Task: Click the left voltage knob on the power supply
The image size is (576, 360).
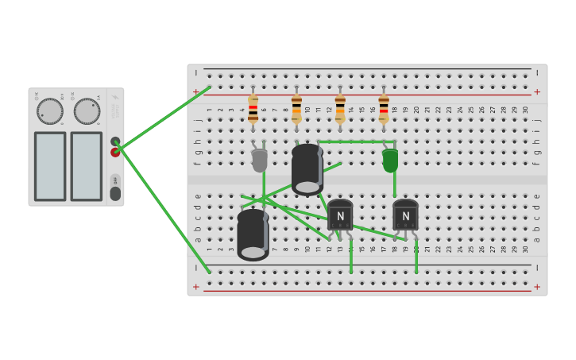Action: pos(49,111)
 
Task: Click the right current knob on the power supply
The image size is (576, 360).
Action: pos(87,111)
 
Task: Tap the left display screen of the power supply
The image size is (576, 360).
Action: pos(50,166)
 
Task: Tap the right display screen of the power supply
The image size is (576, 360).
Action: pos(86,166)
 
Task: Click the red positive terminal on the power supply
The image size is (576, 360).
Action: pos(115,153)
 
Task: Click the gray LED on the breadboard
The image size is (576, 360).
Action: pos(259,160)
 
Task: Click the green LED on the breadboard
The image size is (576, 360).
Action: pos(390,160)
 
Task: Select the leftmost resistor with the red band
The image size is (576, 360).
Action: pos(253,109)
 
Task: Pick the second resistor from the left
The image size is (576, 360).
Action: pos(296,109)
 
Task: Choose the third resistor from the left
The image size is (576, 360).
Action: pos(340,109)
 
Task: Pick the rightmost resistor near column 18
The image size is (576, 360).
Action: pos(384,109)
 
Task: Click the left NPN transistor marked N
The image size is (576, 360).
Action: pos(340,215)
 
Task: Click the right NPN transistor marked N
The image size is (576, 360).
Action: pos(405,215)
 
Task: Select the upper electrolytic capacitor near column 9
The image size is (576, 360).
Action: pos(307,168)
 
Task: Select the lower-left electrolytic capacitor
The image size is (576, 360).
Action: pos(253,234)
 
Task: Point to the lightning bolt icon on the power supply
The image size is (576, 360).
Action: pos(115,98)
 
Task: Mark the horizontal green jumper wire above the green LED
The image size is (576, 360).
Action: pos(358,141)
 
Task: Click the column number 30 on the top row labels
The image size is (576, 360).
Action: pos(525,110)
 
